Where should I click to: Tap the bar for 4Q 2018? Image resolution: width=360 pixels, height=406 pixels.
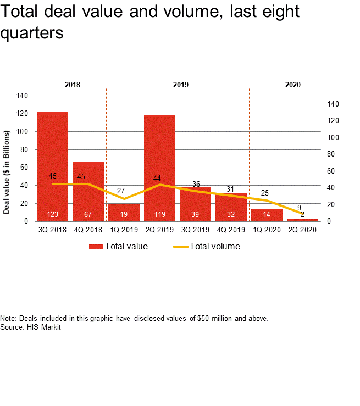point(88,187)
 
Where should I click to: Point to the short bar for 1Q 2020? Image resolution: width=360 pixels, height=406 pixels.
point(267,215)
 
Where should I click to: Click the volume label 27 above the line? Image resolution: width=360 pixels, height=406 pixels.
point(124,191)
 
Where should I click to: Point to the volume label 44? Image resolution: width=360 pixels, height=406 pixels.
point(157,178)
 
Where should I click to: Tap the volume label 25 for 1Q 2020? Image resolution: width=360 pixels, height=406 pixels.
point(264,193)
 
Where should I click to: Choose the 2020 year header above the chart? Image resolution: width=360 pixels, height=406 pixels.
point(293,85)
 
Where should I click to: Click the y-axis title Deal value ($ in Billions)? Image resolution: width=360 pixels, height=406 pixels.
point(7,171)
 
